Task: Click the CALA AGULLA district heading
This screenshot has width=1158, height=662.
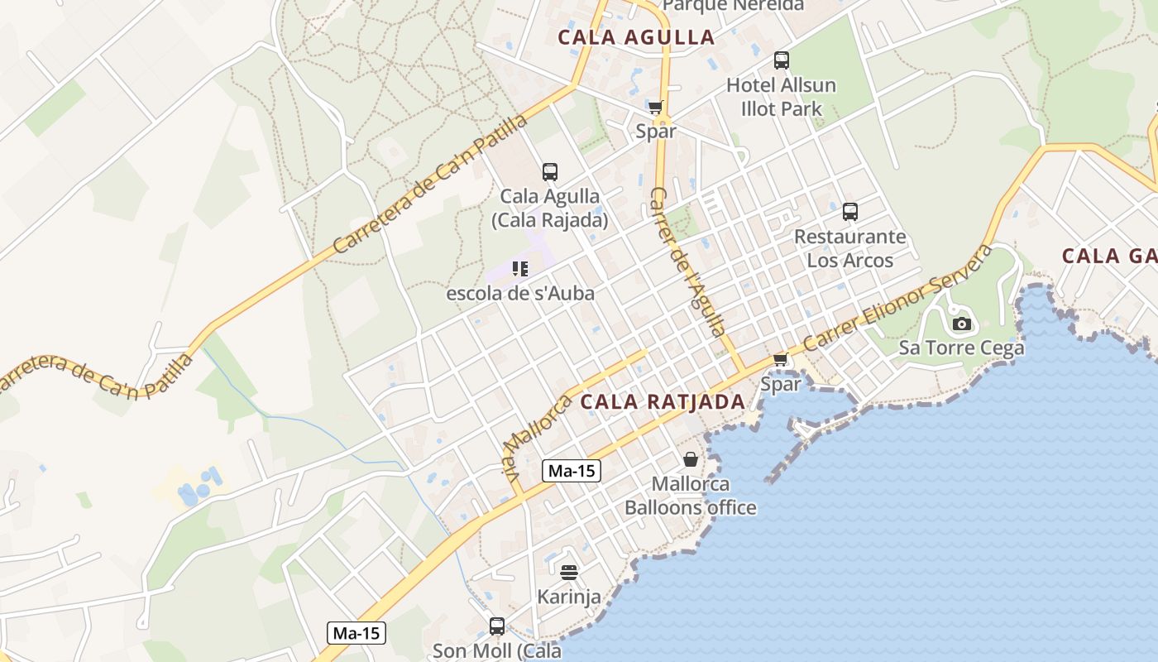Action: click(x=635, y=37)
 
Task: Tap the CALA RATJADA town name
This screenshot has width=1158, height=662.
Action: click(x=663, y=402)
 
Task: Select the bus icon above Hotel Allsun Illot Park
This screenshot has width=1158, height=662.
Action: click(x=781, y=60)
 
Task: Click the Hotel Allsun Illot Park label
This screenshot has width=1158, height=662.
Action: click(x=781, y=97)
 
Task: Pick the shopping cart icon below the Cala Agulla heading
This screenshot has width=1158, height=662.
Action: click(x=656, y=107)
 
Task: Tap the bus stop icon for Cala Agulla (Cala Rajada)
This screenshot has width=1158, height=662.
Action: click(x=549, y=172)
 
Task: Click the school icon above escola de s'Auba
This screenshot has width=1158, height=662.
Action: click(x=519, y=268)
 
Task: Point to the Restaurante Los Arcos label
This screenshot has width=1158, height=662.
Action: click(x=850, y=248)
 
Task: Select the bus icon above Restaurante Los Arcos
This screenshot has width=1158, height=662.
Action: click(x=849, y=212)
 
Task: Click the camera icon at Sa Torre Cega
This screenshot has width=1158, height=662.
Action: click(x=961, y=324)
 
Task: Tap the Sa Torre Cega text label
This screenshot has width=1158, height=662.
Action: click(x=961, y=348)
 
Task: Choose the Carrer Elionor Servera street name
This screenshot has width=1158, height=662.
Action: click(x=897, y=298)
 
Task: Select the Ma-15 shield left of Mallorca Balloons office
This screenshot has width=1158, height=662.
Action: click(x=572, y=471)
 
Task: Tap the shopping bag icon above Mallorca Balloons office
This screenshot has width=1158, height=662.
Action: click(x=690, y=458)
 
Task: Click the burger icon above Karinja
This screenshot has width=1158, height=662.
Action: click(x=568, y=572)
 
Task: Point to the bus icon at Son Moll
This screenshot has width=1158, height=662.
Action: click(x=496, y=626)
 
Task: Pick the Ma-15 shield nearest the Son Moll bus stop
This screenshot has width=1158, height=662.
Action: click(x=356, y=634)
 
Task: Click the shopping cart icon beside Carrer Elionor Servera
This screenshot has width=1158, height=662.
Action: click(x=780, y=359)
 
